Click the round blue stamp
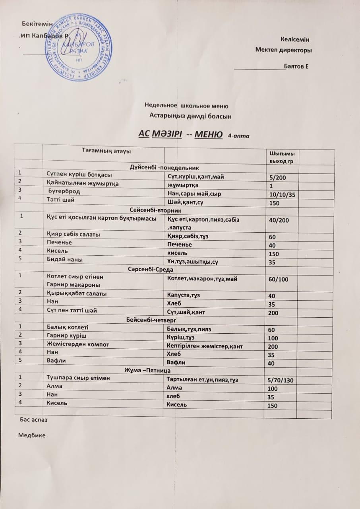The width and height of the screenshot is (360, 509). (x=77, y=48)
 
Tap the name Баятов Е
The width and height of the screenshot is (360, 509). (x=296, y=66)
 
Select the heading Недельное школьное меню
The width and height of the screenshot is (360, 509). (x=186, y=106)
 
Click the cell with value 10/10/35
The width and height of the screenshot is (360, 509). (x=284, y=194)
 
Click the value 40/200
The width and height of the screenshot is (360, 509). (x=279, y=221)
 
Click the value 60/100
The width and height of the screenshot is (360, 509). (x=279, y=280)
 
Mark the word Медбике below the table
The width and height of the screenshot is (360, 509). (x=32, y=435)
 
